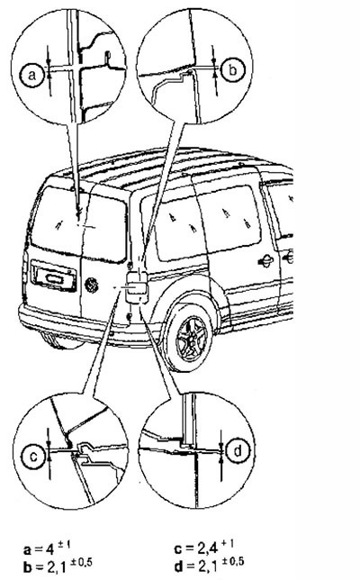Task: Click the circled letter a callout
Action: pyautogui.click(x=32, y=75)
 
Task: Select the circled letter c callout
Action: pyautogui.click(x=33, y=457)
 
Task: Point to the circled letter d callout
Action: pyautogui.click(x=238, y=450)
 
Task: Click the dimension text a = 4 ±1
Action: pyautogui.click(x=47, y=548)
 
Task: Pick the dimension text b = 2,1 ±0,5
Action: pyautogui.click(x=58, y=566)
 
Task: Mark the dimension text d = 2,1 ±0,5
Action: pyautogui.click(x=209, y=564)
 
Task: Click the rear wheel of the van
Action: pyautogui.click(x=190, y=337)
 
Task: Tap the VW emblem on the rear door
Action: pyautogui.click(x=91, y=285)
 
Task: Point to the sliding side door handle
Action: pyautogui.click(x=265, y=261)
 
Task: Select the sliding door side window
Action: pyautogui.click(x=229, y=219)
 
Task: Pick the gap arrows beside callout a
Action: pyautogui.click(x=49, y=70)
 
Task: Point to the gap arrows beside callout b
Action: pyautogui.click(x=214, y=69)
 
